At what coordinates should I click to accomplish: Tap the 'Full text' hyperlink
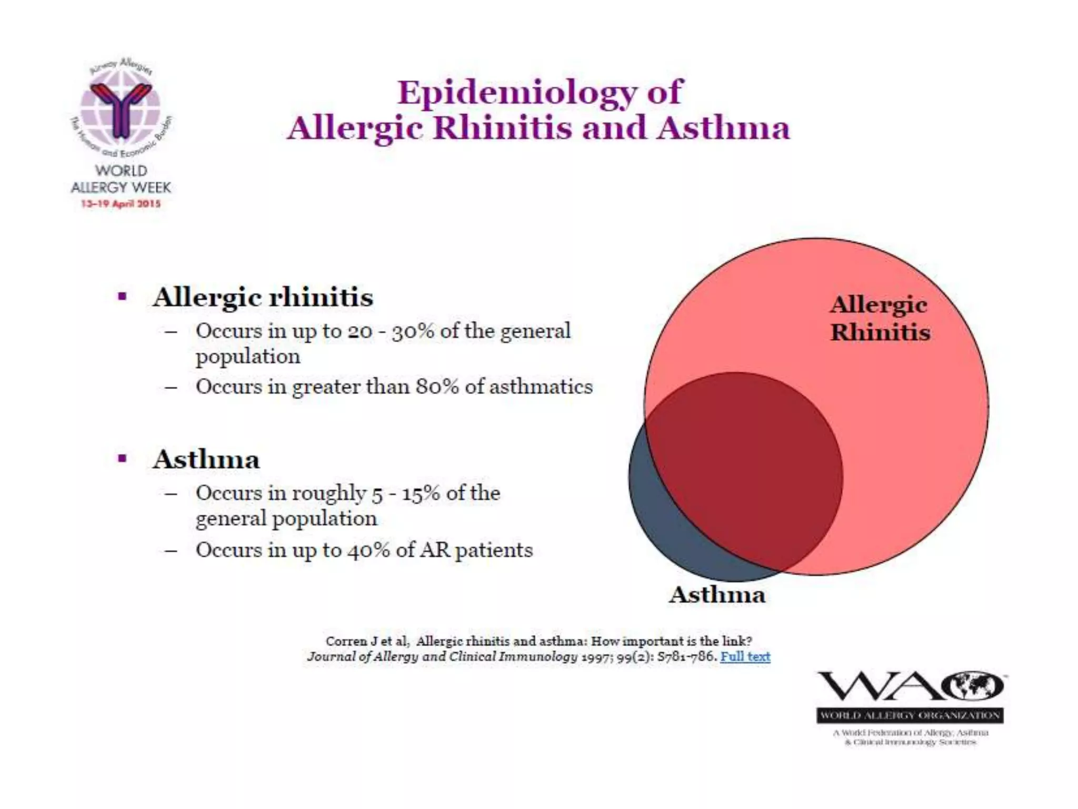click(x=745, y=657)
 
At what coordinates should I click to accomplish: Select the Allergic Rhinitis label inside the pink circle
click(x=880, y=319)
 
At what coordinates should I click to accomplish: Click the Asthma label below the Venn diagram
click(x=717, y=595)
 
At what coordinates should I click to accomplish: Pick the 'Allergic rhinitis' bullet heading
click(x=263, y=297)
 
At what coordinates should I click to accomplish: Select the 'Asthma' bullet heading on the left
click(x=206, y=459)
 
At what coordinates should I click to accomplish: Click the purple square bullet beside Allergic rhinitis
click(x=123, y=297)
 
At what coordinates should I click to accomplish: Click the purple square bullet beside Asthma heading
click(x=123, y=459)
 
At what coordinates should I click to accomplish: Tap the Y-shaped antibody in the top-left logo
click(x=122, y=108)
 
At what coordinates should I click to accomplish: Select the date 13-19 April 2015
click(x=121, y=204)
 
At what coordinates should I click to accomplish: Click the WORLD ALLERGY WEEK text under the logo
click(x=121, y=179)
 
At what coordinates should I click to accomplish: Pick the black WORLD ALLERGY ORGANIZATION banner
click(x=910, y=715)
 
